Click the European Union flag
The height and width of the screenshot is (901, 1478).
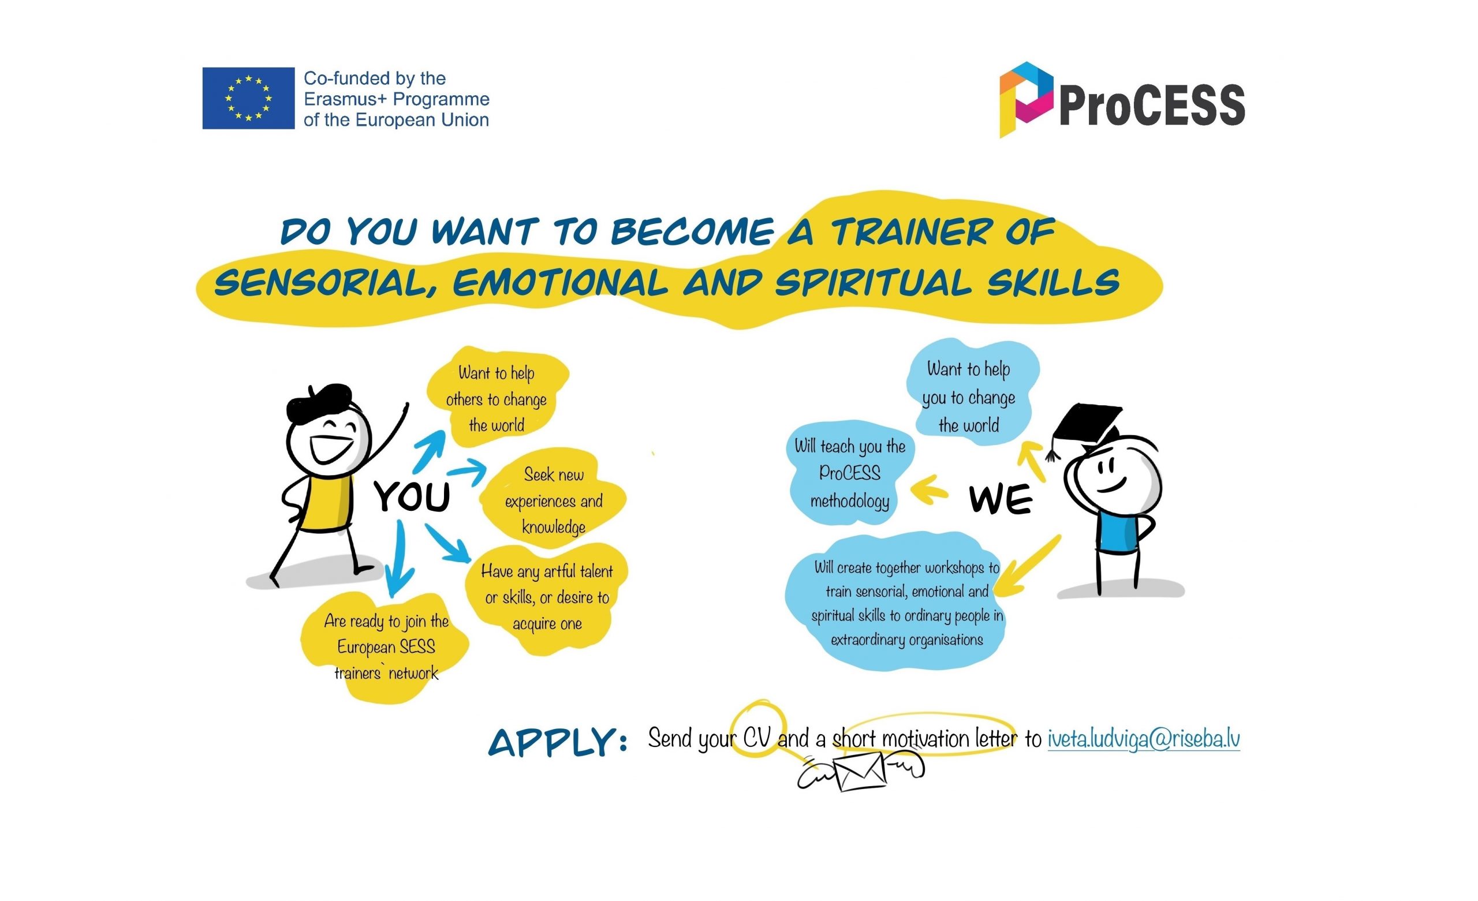coord(248,98)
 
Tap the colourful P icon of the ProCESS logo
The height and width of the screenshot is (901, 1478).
coord(1025,99)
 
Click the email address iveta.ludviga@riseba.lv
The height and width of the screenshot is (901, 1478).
coord(1143,738)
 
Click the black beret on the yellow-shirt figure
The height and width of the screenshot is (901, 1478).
coord(318,400)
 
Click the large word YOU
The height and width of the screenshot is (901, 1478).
coord(412,497)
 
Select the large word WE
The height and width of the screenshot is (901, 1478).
coord(1000,499)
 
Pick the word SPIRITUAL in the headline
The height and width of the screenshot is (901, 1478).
coord(873,283)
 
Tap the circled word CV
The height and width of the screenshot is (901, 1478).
coord(756,737)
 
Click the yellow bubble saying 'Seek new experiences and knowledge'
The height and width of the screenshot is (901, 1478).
coord(553,500)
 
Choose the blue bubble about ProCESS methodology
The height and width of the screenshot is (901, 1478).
coord(849,473)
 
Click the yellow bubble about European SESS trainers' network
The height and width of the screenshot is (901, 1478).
coord(386,647)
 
